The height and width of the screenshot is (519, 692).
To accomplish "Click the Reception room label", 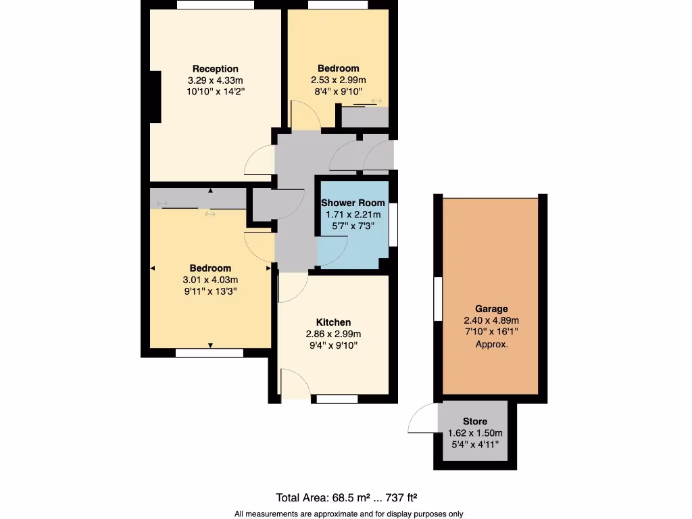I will click(x=215, y=69).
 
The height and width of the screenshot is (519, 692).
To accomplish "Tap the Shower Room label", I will click(x=353, y=203).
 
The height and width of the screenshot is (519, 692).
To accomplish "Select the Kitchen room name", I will click(x=333, y=322).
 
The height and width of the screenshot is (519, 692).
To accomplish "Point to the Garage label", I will click(x=491, y=309).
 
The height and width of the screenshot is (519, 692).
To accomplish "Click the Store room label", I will click(x=474, y=422).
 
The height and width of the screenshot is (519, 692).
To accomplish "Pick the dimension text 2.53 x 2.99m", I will click(x=339, y=80).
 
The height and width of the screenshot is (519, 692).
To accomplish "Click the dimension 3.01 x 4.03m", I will click(x=210, y=280).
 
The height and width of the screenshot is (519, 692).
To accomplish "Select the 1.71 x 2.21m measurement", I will click(x=353, y=215).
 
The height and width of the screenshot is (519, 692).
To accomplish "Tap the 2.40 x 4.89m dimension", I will click(x=491, y=320).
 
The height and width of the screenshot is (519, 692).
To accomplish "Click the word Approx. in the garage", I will click(x=491, y=344).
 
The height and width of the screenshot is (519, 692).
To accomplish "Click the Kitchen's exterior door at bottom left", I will click(x=294, y=385).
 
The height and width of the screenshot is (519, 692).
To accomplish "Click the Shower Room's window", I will click(x=393, y=220).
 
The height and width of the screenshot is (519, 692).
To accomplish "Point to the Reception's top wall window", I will click(x=216, y=5).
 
